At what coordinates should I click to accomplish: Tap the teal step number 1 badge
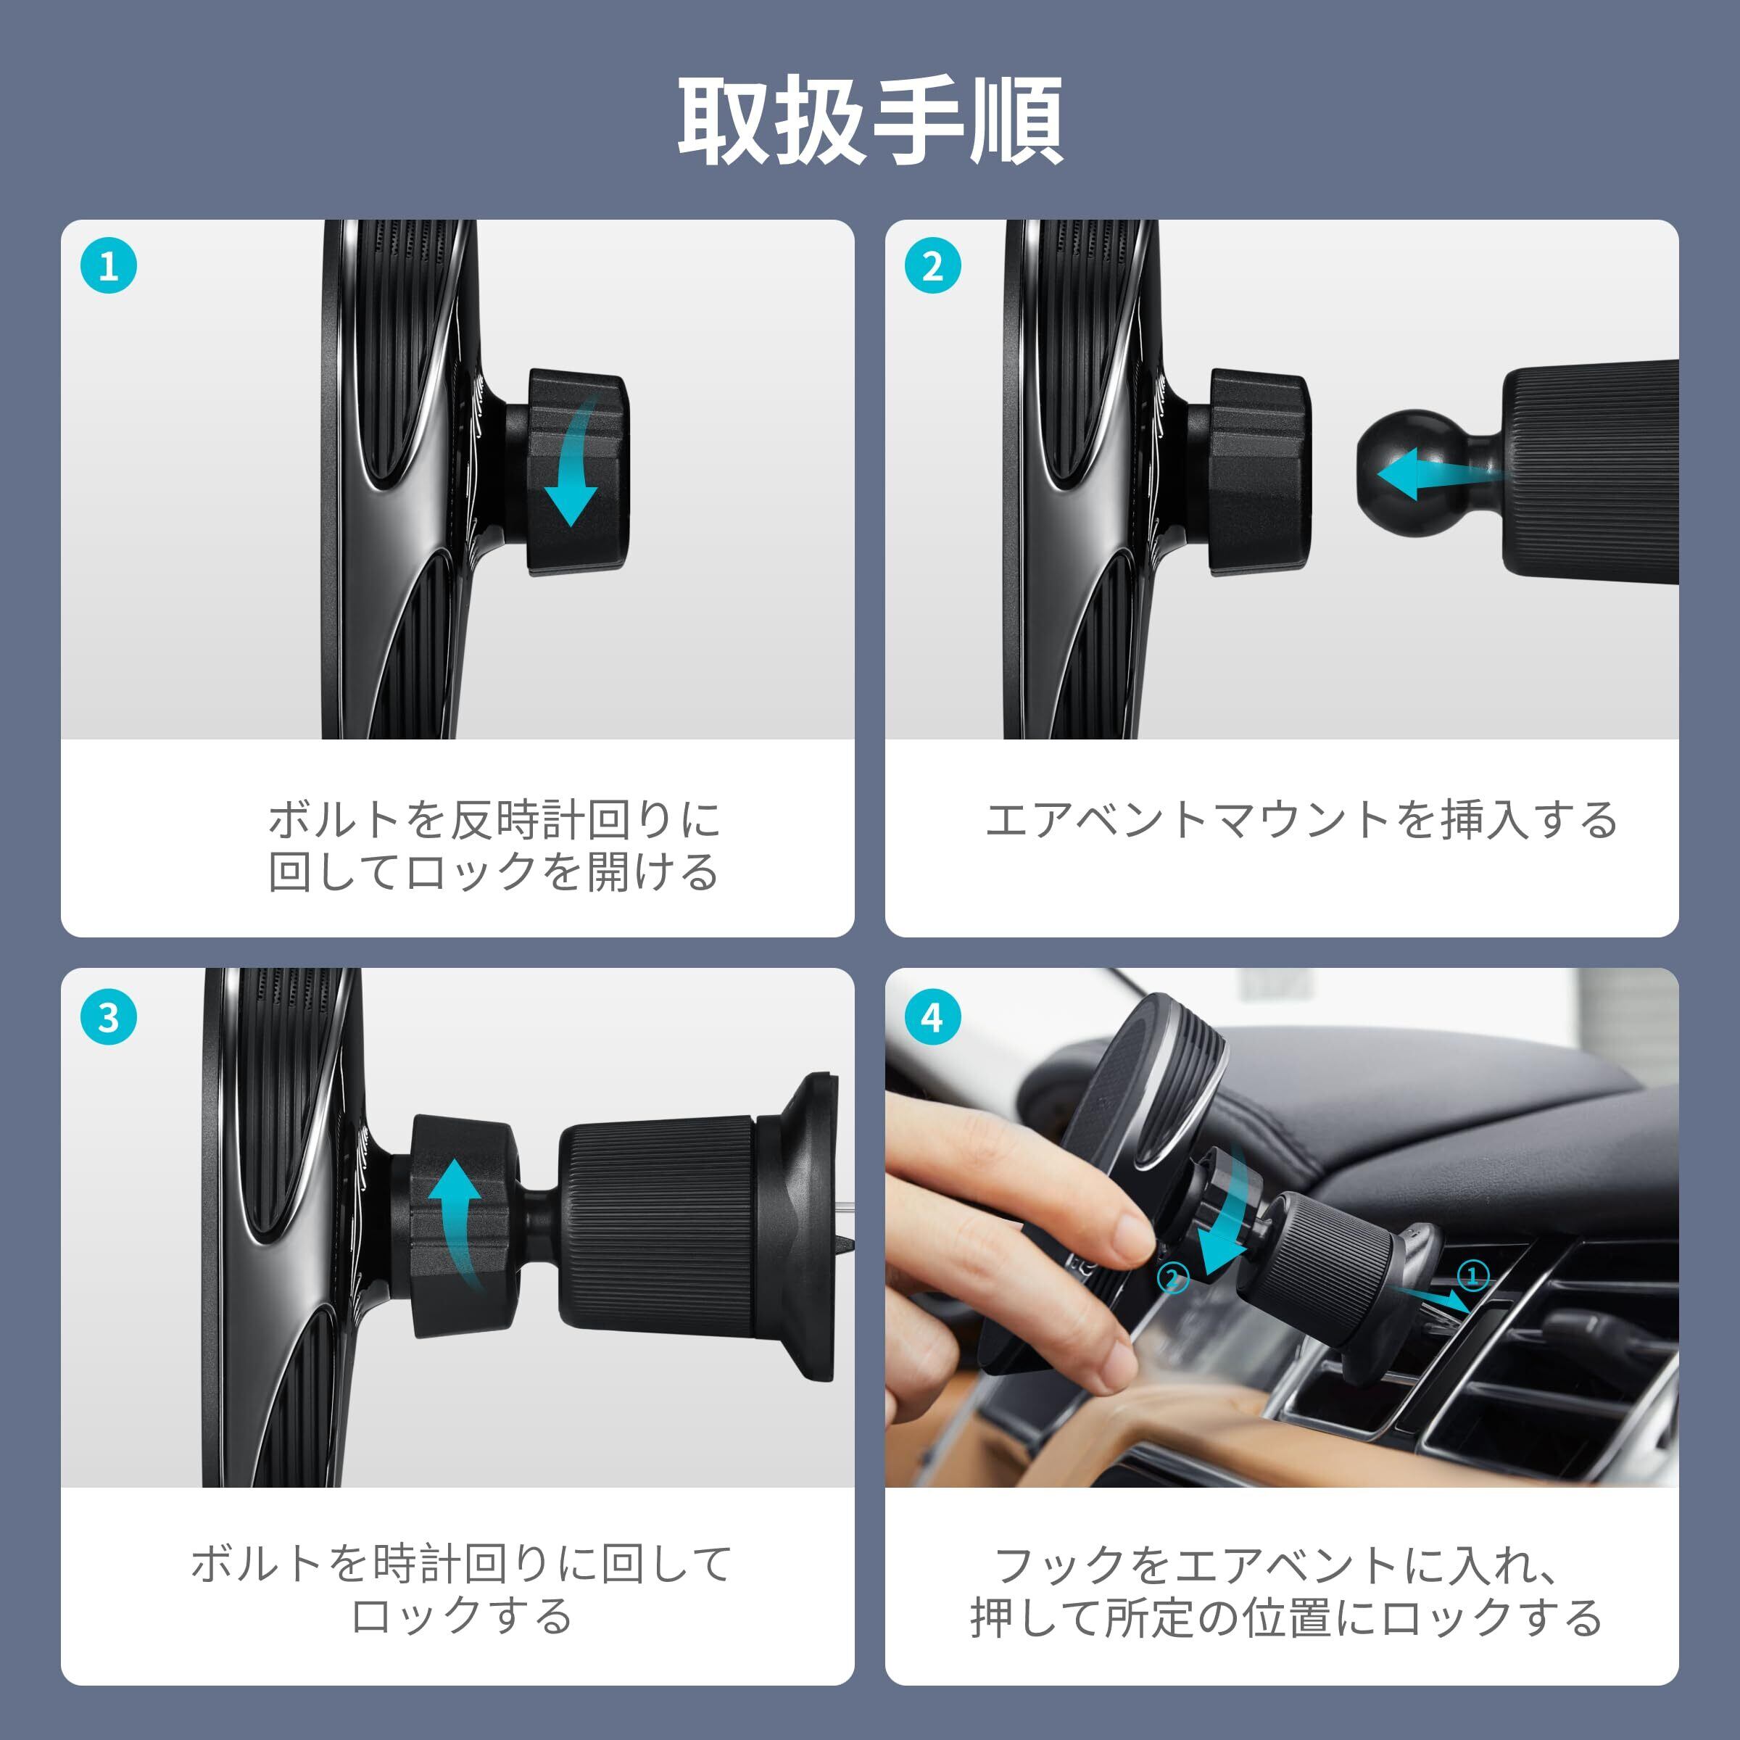tap(108, 267)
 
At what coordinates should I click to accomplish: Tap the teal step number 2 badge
tap(932, 267)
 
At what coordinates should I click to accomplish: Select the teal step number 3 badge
tap(108, 1018)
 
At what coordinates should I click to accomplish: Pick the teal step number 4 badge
tap(932, 1018)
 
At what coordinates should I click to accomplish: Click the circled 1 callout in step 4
tap(1473, 1275)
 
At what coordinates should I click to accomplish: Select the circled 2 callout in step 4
tap(1172, 1277)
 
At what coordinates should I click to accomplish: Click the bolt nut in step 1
tap(577, 472)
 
